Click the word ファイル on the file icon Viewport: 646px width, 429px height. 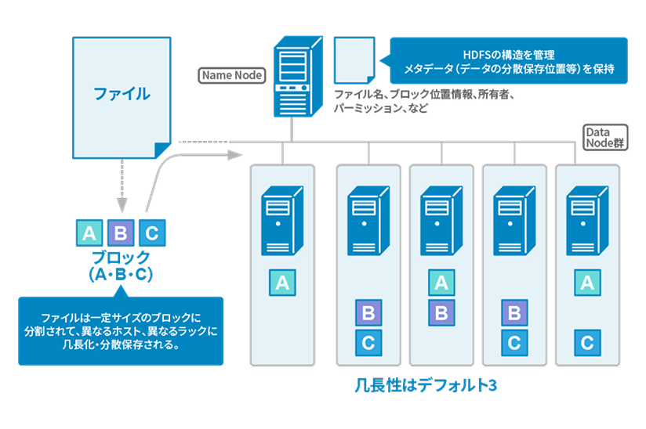[122, 95]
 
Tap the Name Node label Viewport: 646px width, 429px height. [232, 76]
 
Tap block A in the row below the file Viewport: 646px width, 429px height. [89, 233]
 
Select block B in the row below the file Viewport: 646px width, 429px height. [120, 233]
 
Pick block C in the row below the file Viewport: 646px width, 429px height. [151, 233]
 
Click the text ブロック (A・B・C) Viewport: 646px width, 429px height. [120, 266]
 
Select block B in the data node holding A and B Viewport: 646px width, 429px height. [441, 313]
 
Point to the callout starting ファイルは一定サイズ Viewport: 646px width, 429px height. [120, 330]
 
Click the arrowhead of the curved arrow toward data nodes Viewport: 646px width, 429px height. [234, 154]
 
